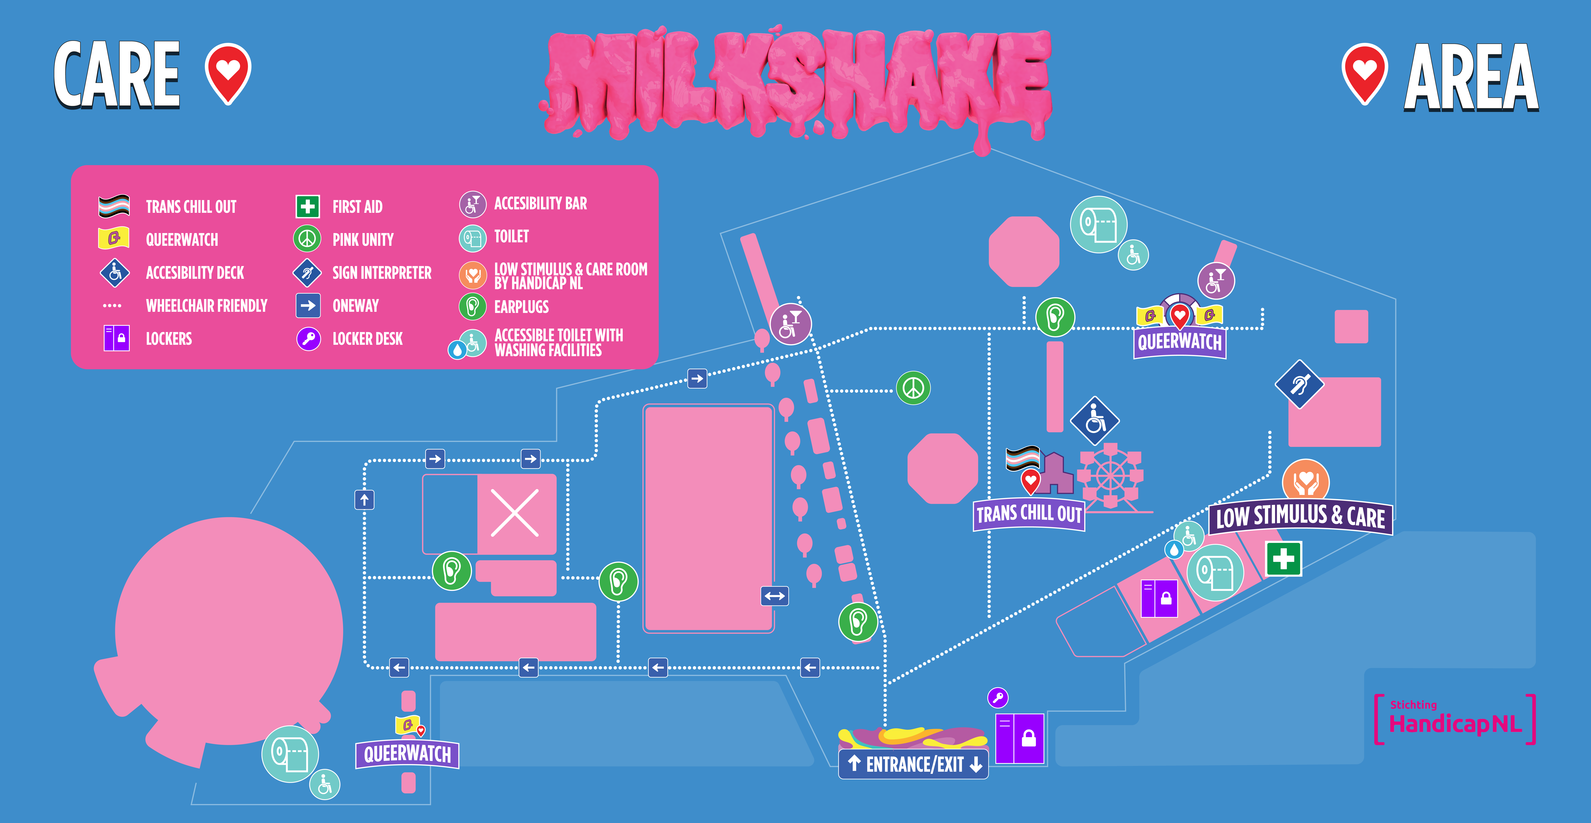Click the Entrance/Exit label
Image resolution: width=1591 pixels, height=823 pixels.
[x=914, y=764]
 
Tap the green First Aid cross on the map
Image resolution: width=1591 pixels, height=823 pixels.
[x=1283, y=559]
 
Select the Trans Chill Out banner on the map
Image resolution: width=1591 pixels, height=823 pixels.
[x=1029, y=514]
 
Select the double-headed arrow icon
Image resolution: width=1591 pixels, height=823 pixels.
[x=775, y=596]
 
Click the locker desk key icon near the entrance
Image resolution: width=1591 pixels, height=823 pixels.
[x=997, y=698]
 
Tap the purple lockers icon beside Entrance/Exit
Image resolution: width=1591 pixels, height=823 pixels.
[x=1020, y=738]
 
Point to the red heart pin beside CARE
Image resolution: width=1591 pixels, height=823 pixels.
[x=228, y=72]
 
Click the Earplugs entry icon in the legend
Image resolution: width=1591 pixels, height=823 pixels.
[x=472, y=306]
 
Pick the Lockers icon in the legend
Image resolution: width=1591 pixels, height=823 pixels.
[x=116, y=338]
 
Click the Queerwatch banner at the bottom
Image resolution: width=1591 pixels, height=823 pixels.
[x=407, y=754]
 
